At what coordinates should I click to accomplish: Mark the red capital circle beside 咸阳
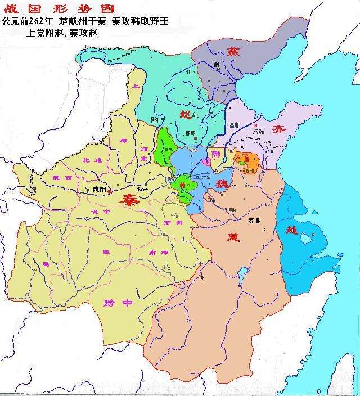pyautogui.click(x=110, y=191)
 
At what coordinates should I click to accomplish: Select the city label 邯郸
pyautogui.click(x=191, y=133)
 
